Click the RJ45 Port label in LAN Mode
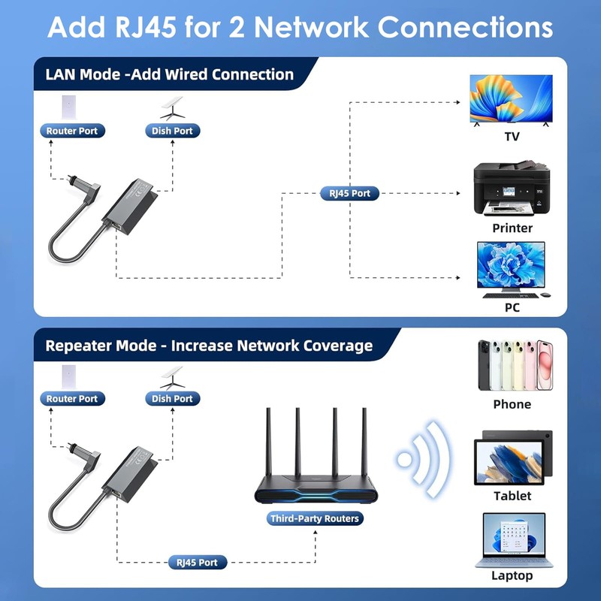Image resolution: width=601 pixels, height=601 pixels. (349, 193)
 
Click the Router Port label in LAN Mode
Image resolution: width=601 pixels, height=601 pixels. (72, 131)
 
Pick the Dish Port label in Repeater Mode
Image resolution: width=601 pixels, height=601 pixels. (172, 399)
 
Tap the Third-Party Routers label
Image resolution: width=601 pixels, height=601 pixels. (315, 518)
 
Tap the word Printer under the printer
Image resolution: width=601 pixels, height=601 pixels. (512, 228)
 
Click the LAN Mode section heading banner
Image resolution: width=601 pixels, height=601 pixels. (169, 74)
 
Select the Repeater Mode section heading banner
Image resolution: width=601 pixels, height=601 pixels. (208, 346)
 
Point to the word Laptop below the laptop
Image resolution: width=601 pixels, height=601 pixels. (512, 575)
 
